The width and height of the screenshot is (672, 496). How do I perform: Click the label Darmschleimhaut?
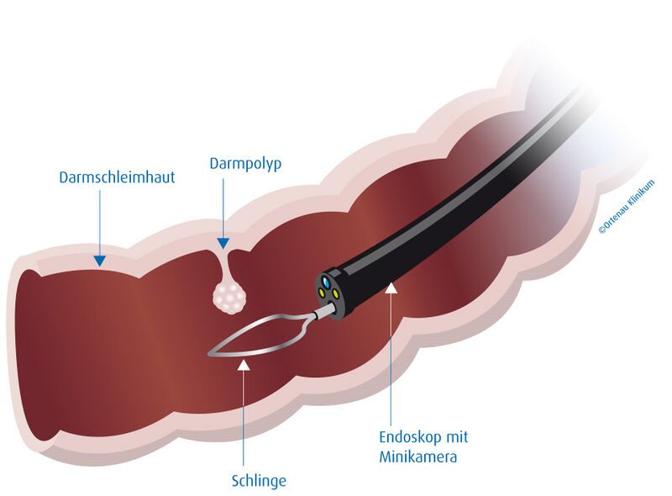point(117,177)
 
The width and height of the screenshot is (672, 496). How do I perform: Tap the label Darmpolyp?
point(245,164)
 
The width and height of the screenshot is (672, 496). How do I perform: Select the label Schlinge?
point(259,481)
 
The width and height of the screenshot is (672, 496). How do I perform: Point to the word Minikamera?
point(417,456)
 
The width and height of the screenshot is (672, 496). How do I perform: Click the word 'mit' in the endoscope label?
point(457,437)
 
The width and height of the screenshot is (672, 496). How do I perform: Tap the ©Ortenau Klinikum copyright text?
point(627,207)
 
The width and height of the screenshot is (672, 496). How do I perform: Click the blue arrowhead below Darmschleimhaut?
point(100,261)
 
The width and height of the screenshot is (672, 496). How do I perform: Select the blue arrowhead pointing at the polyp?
point(223,243)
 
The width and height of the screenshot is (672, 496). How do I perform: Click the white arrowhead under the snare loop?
point(244,364)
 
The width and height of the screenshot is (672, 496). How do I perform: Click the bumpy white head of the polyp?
point(229,298)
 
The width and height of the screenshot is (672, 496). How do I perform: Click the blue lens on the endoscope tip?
point(328,282)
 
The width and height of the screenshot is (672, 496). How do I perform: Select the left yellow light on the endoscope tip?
point(321,293)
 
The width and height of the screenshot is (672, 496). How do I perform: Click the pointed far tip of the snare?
point(209,354)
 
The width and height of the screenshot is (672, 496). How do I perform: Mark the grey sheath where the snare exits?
point(321,314)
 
